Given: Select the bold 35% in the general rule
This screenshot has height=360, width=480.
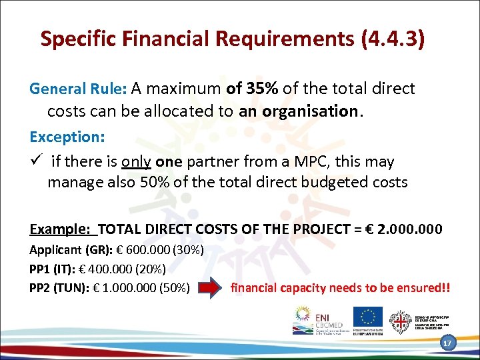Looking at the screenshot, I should (262, 89).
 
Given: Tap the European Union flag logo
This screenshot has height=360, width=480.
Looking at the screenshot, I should (367, 316).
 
